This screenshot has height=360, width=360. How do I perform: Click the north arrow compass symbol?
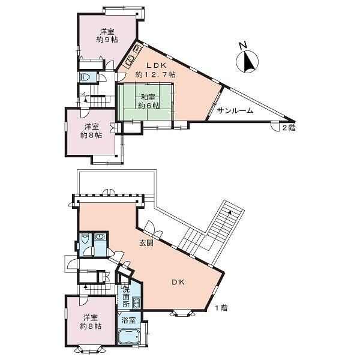247,62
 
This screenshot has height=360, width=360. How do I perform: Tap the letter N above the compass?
243,46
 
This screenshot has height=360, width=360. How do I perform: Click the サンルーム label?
235,111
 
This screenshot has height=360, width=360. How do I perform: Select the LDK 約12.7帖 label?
156,70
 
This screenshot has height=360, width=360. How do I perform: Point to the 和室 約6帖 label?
149,101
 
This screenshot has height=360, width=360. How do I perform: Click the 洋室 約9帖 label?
107,35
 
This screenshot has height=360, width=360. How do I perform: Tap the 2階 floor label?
289,128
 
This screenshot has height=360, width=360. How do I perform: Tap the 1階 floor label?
221,308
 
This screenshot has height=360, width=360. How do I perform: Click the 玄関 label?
146,243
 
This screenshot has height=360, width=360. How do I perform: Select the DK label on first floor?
178,282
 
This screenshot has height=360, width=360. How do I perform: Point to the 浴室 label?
129,320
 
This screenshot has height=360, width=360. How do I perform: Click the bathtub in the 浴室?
129,337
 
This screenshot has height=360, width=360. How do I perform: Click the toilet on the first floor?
85,239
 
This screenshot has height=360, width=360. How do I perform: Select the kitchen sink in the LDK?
129,61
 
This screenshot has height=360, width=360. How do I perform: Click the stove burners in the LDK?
137,49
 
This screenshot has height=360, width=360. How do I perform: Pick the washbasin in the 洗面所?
136,304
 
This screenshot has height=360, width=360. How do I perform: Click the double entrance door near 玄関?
154,229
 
